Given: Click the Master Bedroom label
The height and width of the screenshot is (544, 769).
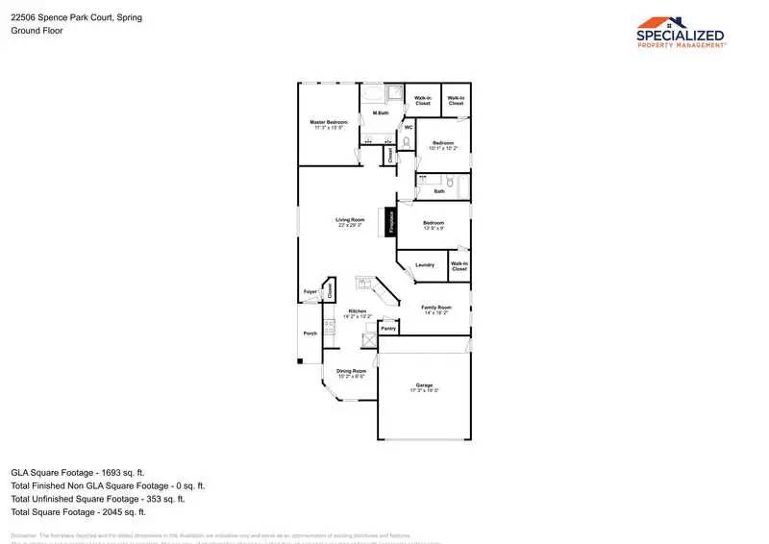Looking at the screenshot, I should point(328,123).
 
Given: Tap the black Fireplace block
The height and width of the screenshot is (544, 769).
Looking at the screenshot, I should point(391,221).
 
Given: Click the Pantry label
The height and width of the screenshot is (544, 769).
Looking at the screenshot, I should point(388,329).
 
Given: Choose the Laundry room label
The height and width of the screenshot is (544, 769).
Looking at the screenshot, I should point(424,265).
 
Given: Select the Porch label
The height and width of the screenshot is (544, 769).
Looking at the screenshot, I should point(310,334).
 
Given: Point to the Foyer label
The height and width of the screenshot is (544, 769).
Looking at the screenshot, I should point(310,291).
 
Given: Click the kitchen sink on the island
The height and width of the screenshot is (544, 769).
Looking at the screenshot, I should point(364,284).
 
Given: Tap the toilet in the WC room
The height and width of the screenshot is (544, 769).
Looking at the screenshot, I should point(407,142).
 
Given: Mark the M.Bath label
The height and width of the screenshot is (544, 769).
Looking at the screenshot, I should point(381,113).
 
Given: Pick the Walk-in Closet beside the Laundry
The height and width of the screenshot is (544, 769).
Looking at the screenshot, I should point(459,266).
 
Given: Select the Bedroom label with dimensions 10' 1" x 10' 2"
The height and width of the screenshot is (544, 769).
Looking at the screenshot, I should point(443,144).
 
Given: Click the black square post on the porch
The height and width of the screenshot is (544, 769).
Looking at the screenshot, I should point(299,361).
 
